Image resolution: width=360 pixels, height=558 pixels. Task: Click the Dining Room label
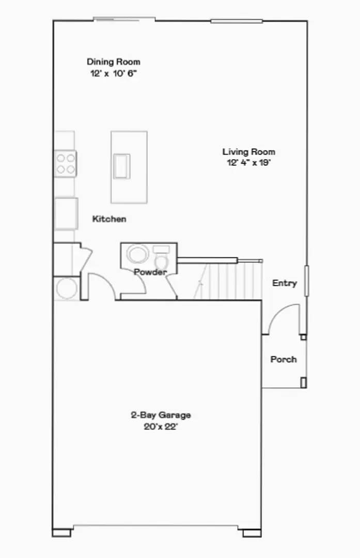pyautogui.click(x=113, y=62)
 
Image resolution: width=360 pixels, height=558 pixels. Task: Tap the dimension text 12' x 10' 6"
pyautogui.click(x=113, y=73)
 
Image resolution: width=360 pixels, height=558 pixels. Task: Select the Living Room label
pyautogui.click(x=248, y=152)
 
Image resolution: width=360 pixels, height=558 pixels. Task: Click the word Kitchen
pyautogui.click(x=109, y=219)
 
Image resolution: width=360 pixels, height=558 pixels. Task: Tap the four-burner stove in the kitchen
pyautogui.click(x=66, y=163)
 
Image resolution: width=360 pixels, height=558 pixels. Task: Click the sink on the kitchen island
pyautogui.click(x=122, y=166)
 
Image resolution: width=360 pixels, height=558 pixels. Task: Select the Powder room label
pyautogui.click(x=150, y=272)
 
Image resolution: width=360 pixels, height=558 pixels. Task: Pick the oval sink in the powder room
pyautogui.click(x=138, y=255)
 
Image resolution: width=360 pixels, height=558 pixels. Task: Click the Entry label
pyautogui.click(x=285, y=283)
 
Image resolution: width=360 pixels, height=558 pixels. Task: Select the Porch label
pyautogui.click(x=284, y=360)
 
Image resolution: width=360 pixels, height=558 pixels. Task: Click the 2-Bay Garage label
pyautogui.click(x=161, y=415)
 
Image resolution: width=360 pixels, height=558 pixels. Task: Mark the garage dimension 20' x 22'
pyautogui.click(x=161, y=427)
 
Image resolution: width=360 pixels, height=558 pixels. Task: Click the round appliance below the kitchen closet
pyautogui.click(x=67, y=288)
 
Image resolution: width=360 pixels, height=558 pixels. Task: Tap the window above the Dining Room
pyautogui.click(x=124, y=20)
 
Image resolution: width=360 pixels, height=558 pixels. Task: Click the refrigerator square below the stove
pyautogui.click(x=66, y=213)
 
